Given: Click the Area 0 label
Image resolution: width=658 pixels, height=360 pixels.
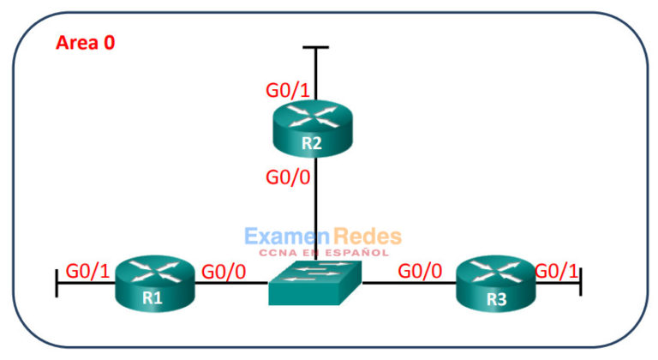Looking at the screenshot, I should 85,42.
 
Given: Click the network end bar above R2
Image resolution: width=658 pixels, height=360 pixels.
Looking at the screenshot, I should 316,48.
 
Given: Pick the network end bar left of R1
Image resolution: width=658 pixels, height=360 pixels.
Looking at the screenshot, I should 57,284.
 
